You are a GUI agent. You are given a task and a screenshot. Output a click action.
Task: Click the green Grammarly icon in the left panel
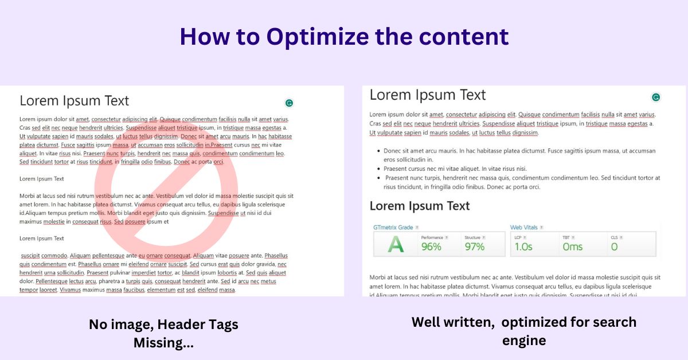pos(290,103)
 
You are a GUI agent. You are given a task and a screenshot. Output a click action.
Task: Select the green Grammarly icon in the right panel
pos(656,97)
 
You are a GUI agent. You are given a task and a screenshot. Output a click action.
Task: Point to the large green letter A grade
pos(395,245)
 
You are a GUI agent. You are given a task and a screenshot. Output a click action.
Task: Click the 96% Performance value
pos(431,247)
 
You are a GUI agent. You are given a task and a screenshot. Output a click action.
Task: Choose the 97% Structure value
pos(475,247)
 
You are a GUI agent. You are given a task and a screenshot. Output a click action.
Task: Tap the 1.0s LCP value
pos(523,247)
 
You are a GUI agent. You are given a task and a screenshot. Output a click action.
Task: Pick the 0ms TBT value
pos(572,247)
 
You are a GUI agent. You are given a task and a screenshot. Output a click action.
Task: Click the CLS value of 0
pos(614,247)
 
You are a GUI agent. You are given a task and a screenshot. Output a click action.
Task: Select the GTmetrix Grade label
pos(393,228)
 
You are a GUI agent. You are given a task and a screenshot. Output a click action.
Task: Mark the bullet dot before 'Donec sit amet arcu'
pos(378,151)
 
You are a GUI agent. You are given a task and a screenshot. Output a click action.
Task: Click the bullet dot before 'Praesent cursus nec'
pos(378,169)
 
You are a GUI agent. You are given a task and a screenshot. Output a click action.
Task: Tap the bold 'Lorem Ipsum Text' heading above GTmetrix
pos(420,206)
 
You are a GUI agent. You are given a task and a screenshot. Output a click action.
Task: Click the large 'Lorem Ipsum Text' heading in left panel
pos(75,101)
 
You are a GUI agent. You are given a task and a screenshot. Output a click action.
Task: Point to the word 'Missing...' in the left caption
pos(163,343)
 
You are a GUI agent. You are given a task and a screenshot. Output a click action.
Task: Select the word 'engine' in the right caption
pos(523,341)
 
